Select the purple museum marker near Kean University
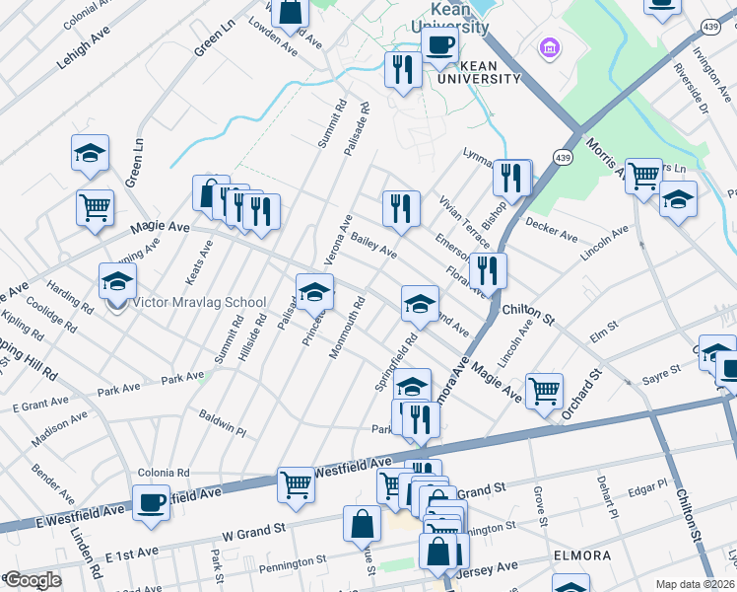coord(549,47)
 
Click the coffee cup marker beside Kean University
coord(439,43)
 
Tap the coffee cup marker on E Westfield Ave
coord(151,502)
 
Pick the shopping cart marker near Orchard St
coord(544,391)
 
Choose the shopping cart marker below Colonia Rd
coord(296,484)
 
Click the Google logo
coord(33,581)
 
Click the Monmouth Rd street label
coord(348,328)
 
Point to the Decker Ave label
coord(552,230)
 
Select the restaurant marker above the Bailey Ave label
coord(401,209)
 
